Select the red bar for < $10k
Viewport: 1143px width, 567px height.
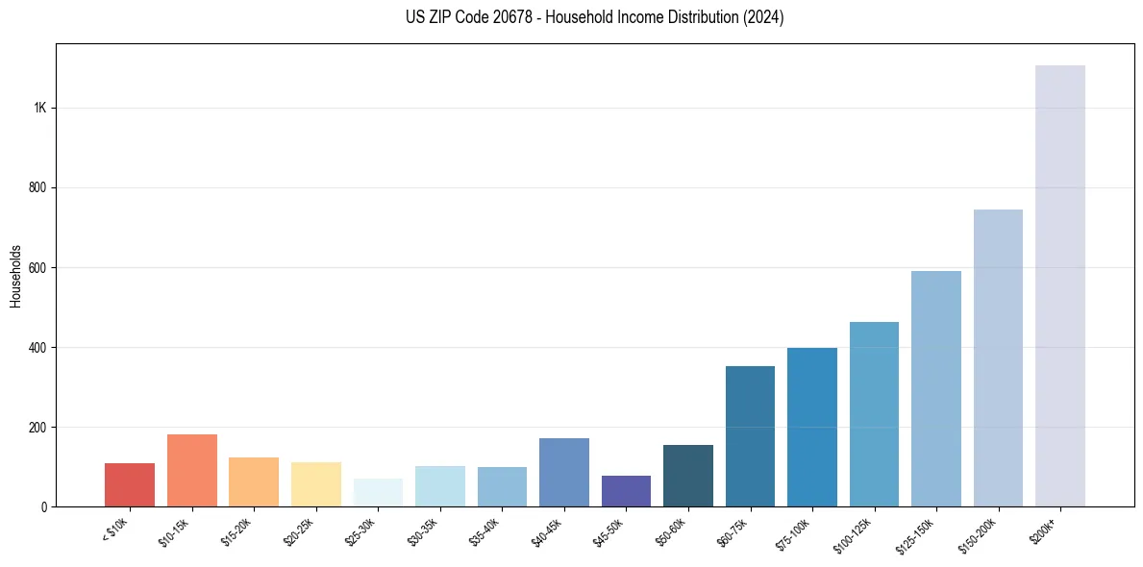pyautogui.click(x=130, y=484)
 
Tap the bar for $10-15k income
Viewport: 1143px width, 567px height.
pyautogui.click(x=191, y=470)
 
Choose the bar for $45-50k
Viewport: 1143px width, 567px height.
pyautogui.click(x=626, y=490)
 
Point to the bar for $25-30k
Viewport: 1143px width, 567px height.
pyautogui.click(x=378, y=492)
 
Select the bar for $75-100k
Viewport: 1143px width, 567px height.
pyautogui.click(x=812, y=427)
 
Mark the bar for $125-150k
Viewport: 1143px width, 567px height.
pyautogui.click(x=936, y=388)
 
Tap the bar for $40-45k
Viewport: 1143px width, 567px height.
pyautogui.click(x=564, y=472)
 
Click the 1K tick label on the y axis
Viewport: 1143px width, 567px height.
pyautogui.click(x=40, y=108)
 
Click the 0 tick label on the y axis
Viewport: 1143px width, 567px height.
pyautogui.click(x=44, y=506)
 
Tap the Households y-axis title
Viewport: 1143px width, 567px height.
pyautogui.click(x=16, y=276)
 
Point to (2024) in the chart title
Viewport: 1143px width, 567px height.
pyautogui.click(x=762, y=17)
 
